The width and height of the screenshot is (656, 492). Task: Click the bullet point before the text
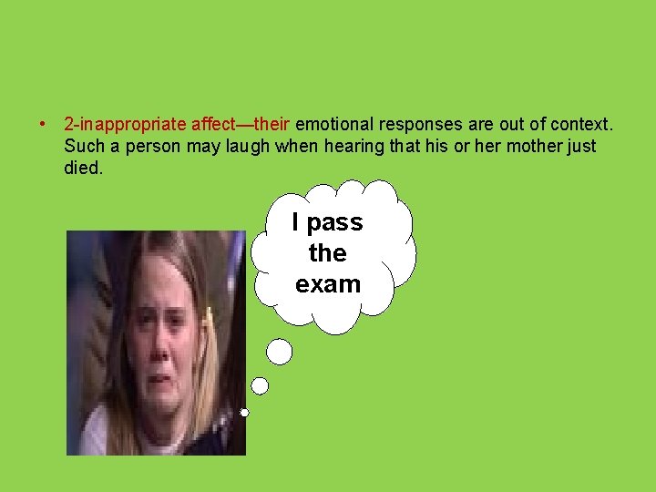coord(42,123)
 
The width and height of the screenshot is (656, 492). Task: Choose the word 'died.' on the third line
coord(83,169)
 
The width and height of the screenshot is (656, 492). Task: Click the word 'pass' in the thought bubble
coord(334,222)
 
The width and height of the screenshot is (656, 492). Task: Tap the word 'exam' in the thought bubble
coord(328,283)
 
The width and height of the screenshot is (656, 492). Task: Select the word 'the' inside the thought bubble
coord(328,252)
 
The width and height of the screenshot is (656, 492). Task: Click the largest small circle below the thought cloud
coord(280,352)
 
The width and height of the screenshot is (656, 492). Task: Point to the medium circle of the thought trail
coord(260,386)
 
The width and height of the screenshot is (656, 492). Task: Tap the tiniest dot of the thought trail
coord(245,413)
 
